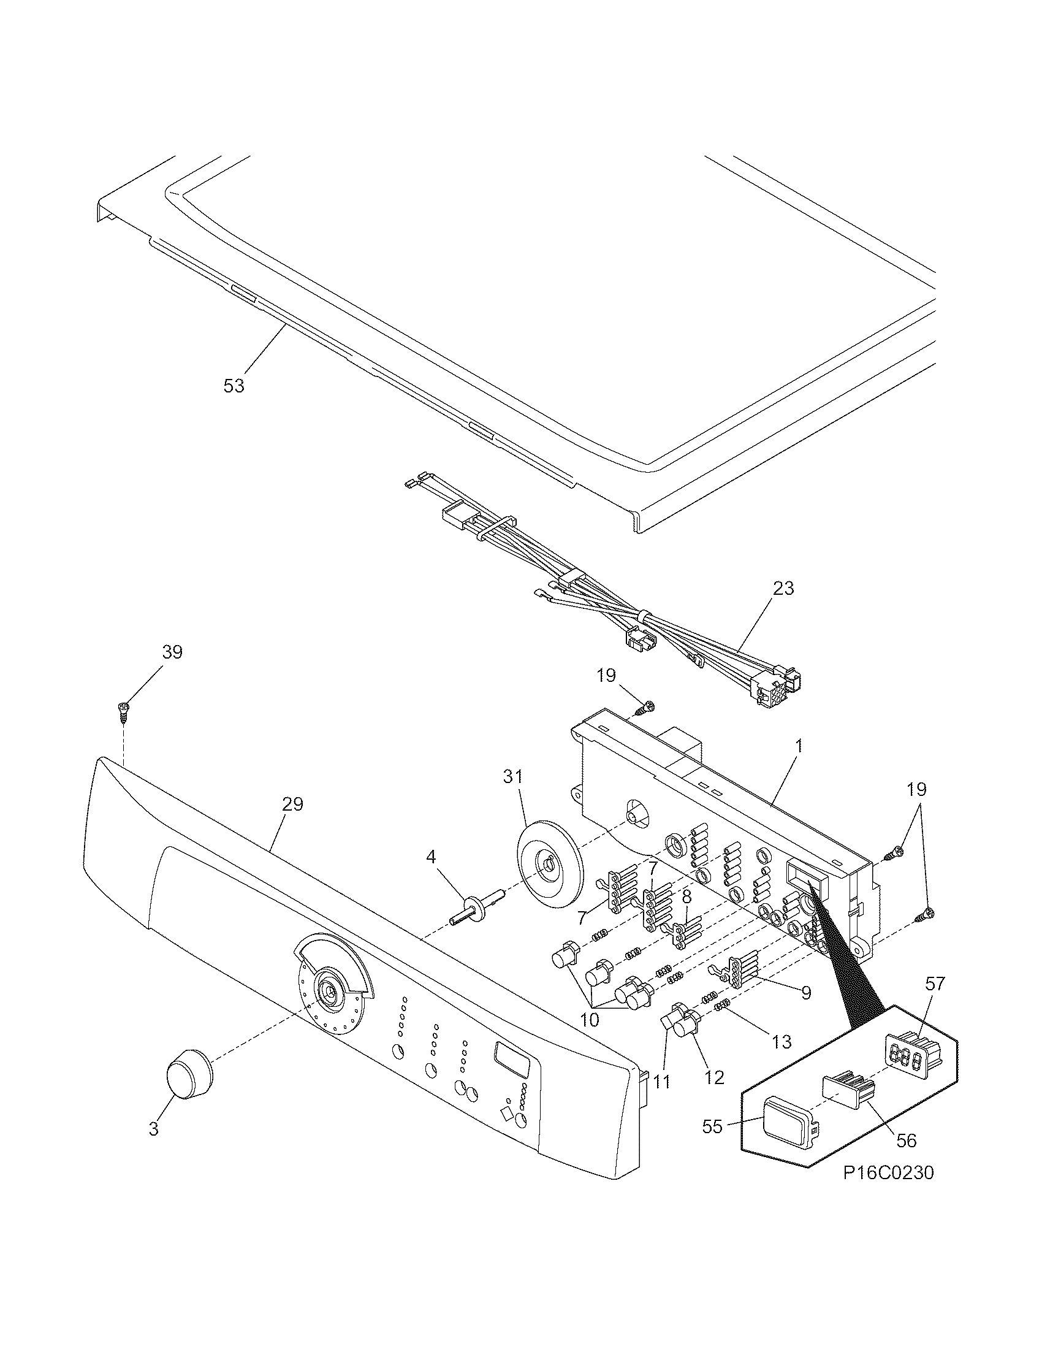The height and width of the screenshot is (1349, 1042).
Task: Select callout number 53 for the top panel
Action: [234, 386]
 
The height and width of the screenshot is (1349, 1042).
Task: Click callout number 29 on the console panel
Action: [292, 804]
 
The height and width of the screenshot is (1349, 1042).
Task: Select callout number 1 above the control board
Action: [798, 747]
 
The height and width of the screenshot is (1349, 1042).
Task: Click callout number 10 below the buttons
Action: [590, 1020]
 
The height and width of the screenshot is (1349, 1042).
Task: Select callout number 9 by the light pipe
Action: [806, 993]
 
